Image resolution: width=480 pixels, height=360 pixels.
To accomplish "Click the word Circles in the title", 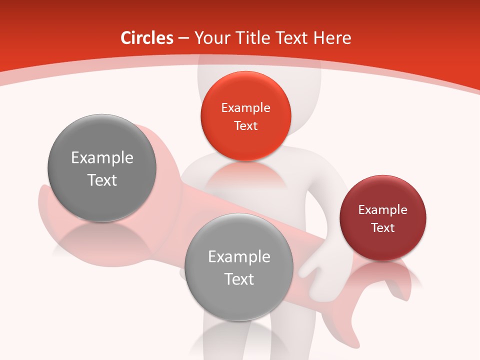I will [x=146, y=38].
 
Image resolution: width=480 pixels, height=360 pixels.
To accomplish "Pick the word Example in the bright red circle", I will [x=245, y=107].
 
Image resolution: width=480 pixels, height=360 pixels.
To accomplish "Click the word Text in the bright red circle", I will [x=245, y=125].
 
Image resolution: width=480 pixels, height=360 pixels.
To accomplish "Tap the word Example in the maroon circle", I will [x=382, y=209].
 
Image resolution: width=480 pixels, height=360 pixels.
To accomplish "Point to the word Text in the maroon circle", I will [x=382, y=227].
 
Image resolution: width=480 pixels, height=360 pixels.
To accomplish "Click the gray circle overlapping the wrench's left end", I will [x=102, y=168].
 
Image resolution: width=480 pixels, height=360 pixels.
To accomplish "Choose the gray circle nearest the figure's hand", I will [x=239, y=267].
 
